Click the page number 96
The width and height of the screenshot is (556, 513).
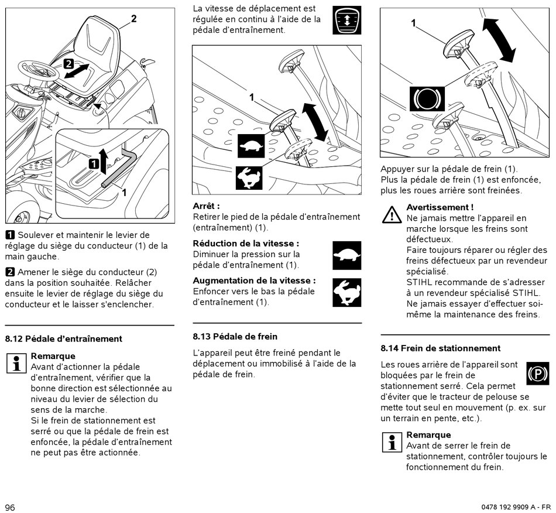(x=10, y=507)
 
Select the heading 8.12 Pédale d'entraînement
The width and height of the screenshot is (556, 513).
(x=64, y=338)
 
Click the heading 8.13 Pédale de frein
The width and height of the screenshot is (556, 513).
(x=235, y=337)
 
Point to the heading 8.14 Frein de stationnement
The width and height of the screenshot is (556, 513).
(x=441, y=348)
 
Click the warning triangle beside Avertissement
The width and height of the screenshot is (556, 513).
(x=392, y=215)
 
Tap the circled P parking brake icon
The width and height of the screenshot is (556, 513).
(x=538, y=373)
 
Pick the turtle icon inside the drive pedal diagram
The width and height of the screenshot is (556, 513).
(x=252, y=146)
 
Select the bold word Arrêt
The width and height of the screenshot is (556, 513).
(x=207, y=206)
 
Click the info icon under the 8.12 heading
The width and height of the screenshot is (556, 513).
(x=16, y=363)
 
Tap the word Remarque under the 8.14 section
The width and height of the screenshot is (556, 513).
(x=428, y=435)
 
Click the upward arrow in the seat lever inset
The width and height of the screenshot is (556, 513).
(x=104, y=160)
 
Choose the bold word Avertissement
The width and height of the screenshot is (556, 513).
(x=440, y=207)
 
